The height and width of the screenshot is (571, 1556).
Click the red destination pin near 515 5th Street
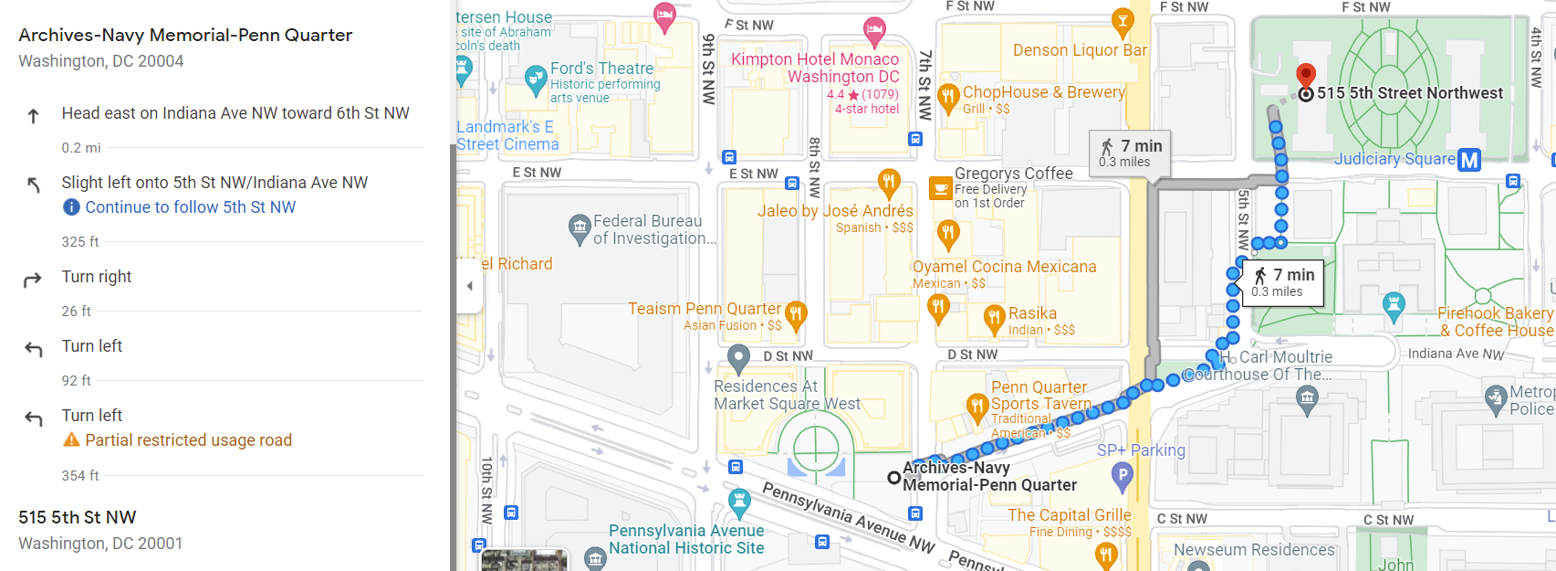pos(1306,74)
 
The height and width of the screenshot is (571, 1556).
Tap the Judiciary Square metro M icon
pos(1469,160)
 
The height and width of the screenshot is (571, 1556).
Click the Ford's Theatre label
pos(601,69)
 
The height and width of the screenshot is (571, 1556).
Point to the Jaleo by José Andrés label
pos(835,211)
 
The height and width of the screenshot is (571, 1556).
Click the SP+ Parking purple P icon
pos(1122,473)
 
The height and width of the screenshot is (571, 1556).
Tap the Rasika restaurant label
pos(1032,313)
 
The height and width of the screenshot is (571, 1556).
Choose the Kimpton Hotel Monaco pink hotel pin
pos(874,29)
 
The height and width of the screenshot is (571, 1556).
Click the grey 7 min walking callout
pos(1130,153)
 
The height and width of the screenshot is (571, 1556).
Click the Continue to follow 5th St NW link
pos(190,207)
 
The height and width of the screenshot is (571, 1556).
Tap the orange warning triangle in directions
pos(71,439)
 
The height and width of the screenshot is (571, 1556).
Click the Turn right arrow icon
pos(33,279)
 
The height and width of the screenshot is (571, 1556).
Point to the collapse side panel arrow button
pos(469,286)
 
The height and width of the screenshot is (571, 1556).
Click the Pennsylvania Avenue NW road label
pos(848,517)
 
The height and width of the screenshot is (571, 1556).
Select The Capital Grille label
pos(1069,515)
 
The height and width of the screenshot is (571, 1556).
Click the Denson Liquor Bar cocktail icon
pos(1122,19)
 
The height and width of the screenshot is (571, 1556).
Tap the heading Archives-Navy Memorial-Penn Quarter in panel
pos(185,36)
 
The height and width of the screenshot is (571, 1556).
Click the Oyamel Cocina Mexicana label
pos(1004,267)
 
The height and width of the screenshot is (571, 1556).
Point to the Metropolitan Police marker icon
pos(1495,397)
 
